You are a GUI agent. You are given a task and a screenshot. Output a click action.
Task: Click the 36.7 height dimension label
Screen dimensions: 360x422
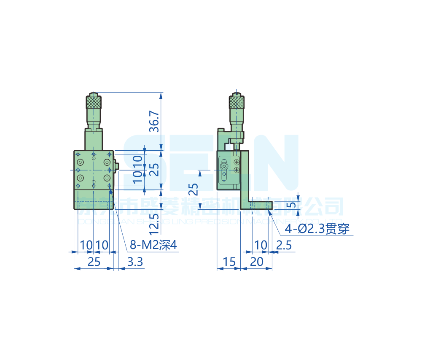tap(155, 122)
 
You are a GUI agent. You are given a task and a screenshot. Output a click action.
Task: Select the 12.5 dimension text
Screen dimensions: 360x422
tap(155, 224)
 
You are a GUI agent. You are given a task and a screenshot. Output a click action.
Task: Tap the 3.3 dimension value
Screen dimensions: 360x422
tap(135, 262)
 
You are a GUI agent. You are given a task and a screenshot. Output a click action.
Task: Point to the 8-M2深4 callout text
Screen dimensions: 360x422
tap(153, 245)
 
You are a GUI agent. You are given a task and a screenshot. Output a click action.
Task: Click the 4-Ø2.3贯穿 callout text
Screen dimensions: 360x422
tap(317, 229)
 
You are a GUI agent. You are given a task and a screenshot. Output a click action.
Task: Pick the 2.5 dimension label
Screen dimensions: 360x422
tap(284, 245)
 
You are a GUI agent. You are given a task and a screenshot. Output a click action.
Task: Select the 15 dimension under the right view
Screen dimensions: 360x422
tap(228, 262)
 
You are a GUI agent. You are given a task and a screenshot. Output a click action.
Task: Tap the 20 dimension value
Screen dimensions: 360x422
tap(256, 262)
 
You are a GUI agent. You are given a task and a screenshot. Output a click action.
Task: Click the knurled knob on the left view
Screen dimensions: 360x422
tap(94, 102)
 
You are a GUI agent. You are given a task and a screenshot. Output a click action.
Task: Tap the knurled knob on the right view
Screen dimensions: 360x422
tap(237, 102)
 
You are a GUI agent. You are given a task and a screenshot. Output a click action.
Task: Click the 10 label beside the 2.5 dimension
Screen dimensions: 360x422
tap(261, 245)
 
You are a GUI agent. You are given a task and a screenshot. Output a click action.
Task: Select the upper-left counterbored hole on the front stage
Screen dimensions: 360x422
tap(80, 162)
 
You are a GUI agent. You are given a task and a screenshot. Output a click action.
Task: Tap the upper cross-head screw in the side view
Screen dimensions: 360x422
tap(237, 162)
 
